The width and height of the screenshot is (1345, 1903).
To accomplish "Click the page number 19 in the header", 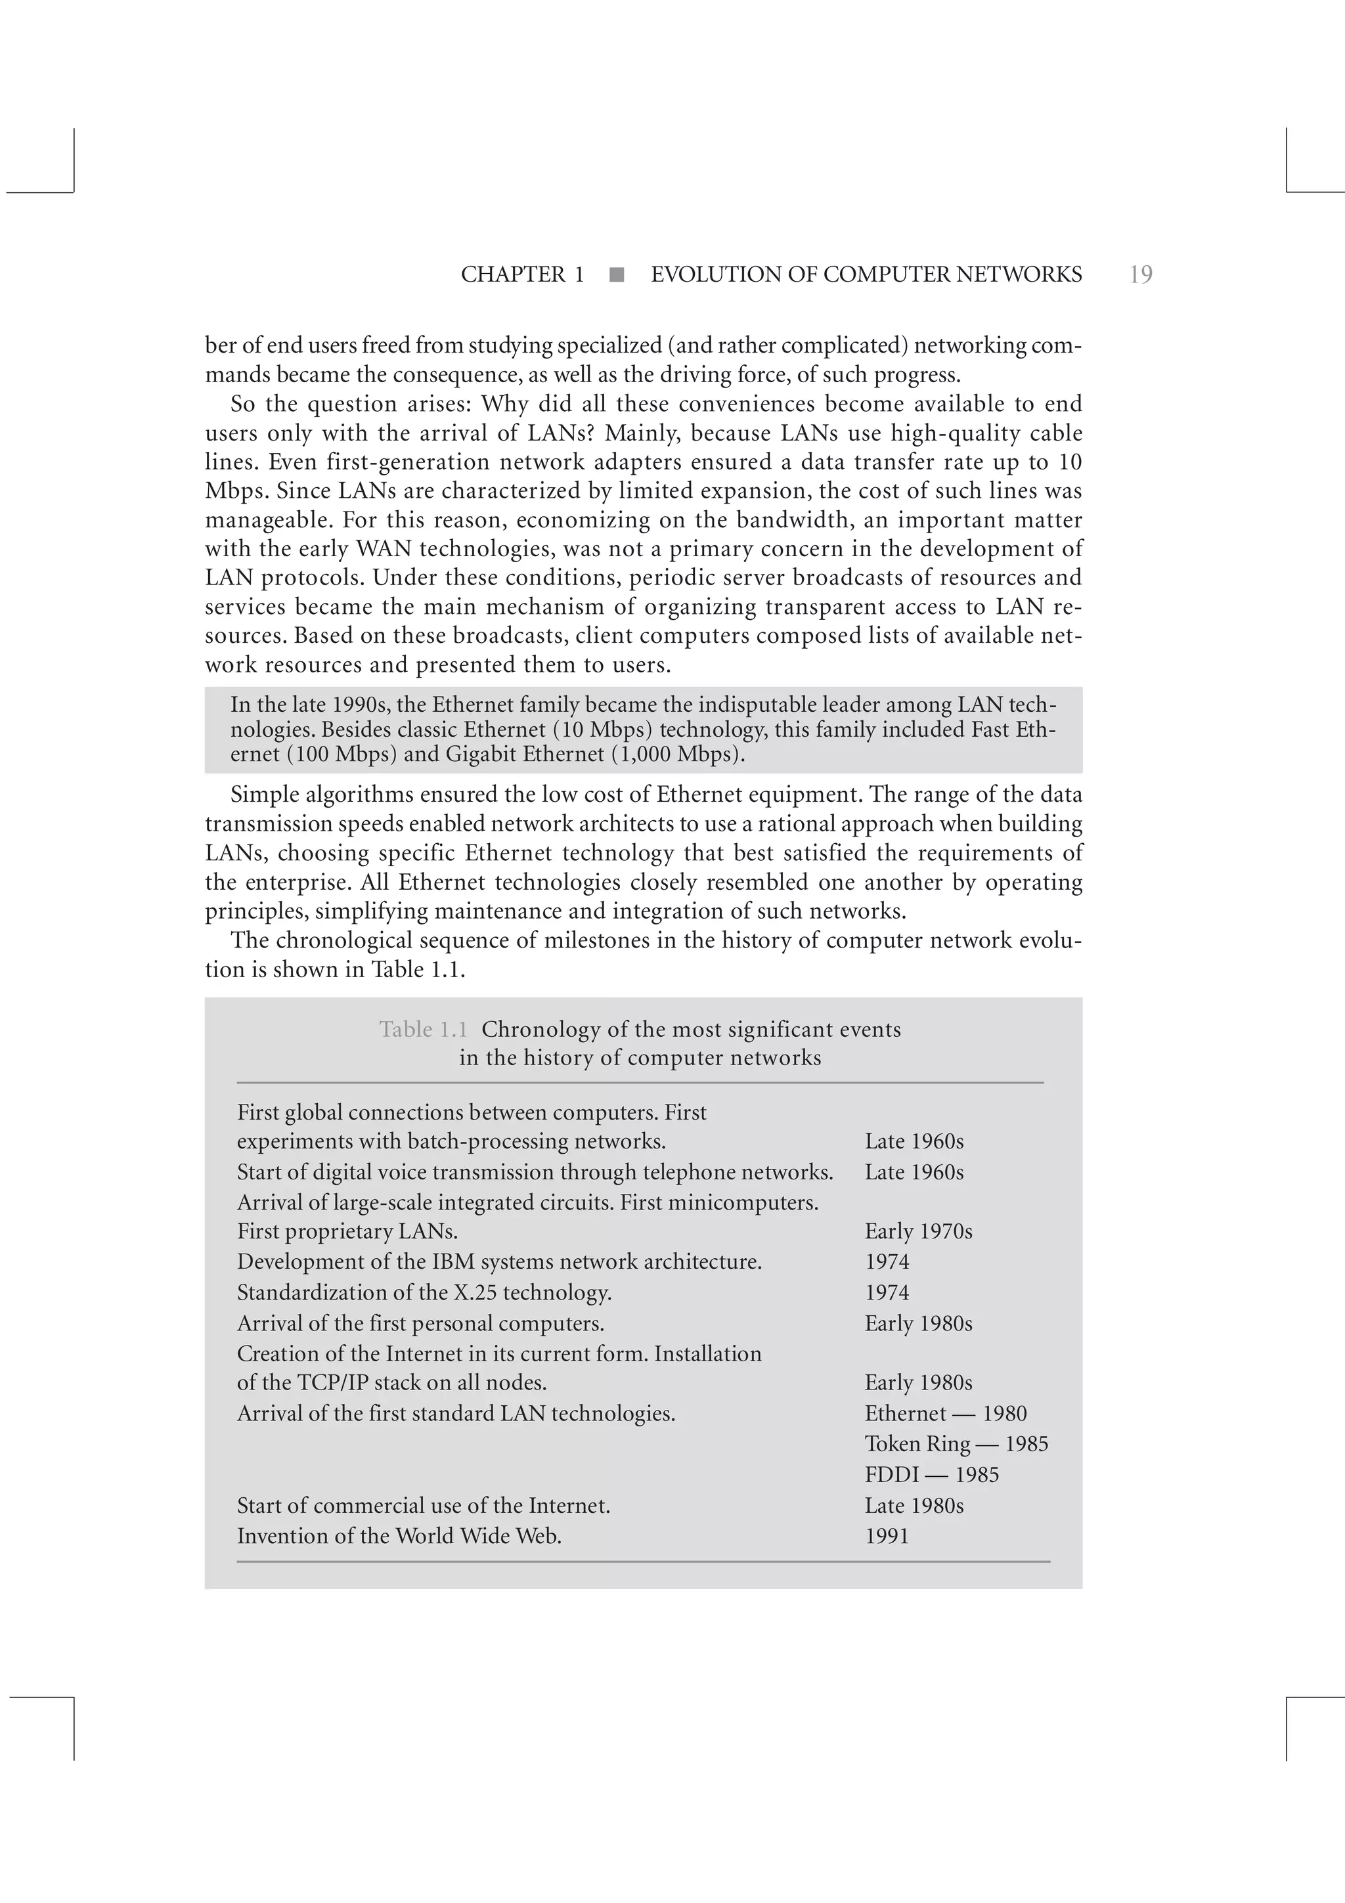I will [x=1140, y=274].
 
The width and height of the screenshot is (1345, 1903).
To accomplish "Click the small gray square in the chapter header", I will [x=617, y=275].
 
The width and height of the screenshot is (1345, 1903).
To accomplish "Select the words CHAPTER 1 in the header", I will [x=522, y=274].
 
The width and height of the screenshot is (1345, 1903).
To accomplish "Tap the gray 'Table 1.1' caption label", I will [x=424, y=1030].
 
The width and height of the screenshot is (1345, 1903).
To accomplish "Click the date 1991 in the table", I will [x=887, y=1536].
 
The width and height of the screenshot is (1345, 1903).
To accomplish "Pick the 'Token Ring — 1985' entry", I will [x=956, y=1444].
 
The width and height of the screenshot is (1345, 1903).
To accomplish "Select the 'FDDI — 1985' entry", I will [x=931, y=1474].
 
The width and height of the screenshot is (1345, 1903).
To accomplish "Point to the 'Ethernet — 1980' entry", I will [x=946, y=1413].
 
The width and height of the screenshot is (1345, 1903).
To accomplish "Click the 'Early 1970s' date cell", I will [x=918, y=1231].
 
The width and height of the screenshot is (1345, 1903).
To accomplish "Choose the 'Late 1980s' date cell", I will [x=914, y=1505].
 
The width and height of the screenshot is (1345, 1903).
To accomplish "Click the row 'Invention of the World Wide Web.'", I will [x=399, y=1536].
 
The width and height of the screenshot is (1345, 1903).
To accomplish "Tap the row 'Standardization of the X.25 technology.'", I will [x=424, y=1292].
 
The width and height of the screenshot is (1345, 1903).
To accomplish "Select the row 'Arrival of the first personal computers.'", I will [x=420, y=1323].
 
